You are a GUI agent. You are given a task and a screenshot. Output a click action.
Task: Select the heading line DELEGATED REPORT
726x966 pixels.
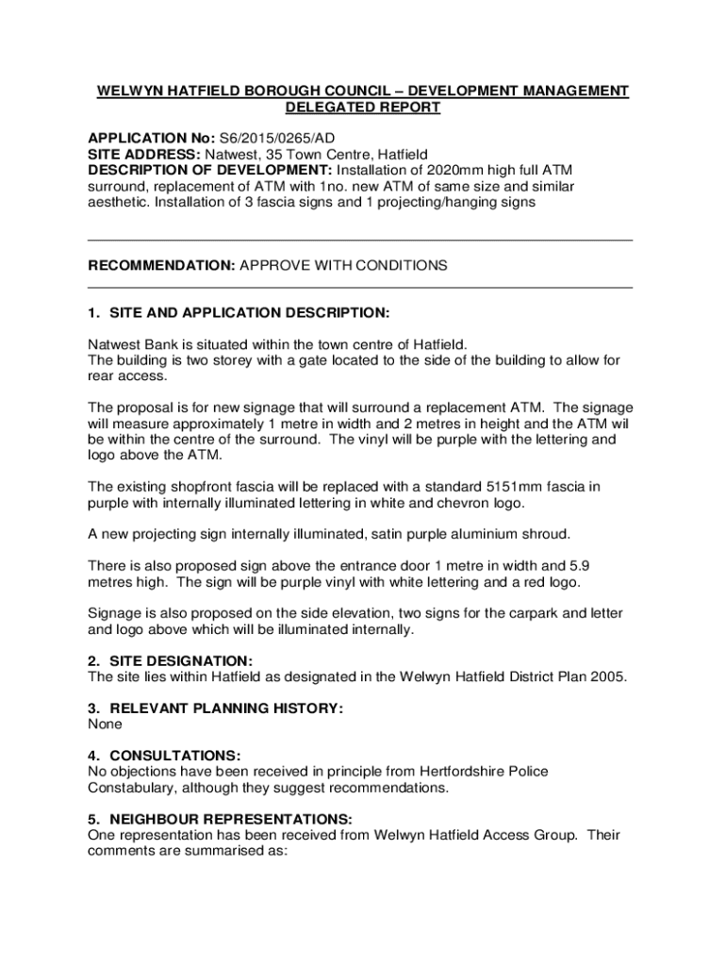363,108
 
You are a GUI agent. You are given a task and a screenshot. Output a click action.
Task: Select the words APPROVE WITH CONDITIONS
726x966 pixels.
344,265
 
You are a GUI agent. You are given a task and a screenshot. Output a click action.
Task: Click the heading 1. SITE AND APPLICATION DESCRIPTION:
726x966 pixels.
238,312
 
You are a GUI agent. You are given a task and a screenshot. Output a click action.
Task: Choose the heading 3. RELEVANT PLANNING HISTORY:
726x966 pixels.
215,708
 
